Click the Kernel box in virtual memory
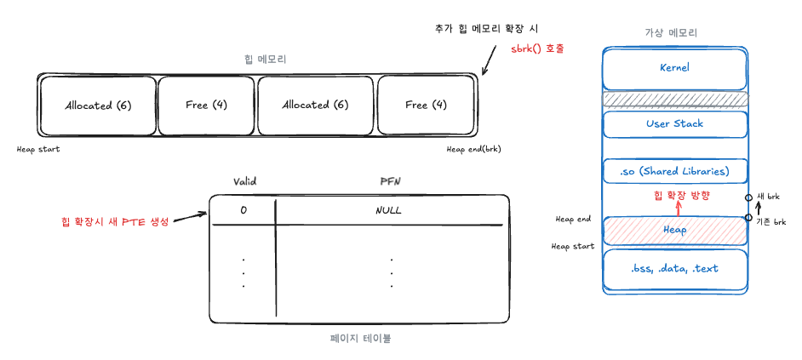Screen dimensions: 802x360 [x=674, y=67]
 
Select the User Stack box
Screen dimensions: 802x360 [x=674, y=124]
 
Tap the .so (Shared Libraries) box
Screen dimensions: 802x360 [x=674, y=171]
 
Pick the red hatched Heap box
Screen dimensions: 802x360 [x=674, y=230]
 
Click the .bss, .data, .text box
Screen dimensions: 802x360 [x=674, y=268]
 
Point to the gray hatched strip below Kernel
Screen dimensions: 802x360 [x=674, y=99]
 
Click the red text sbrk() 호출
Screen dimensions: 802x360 [x=538, y=49]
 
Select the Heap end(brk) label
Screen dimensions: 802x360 [x=473, y=150]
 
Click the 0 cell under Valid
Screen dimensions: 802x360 [x=244, y=210]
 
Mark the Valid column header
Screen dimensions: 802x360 [x=245, y=181]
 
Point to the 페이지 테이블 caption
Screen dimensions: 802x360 [x=360, y=338]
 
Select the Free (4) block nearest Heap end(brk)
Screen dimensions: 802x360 [x=426, y=105]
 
